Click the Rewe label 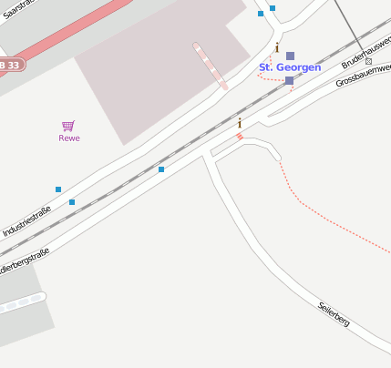point(69,138)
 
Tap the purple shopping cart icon point(68,126)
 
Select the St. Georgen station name point(290,67)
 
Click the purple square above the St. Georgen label point(290,56)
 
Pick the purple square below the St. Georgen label point(289,81)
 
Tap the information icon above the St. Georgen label point(277,47)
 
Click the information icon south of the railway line point(240,123)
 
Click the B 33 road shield point(10,65)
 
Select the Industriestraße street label point(26,220)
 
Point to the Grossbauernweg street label point(364,79)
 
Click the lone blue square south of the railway point(161,169)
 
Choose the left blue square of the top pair point(261,14)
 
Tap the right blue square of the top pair point(273,8)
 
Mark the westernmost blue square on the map point(58,189)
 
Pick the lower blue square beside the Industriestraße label point(72,202)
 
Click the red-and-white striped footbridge point(211,66)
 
